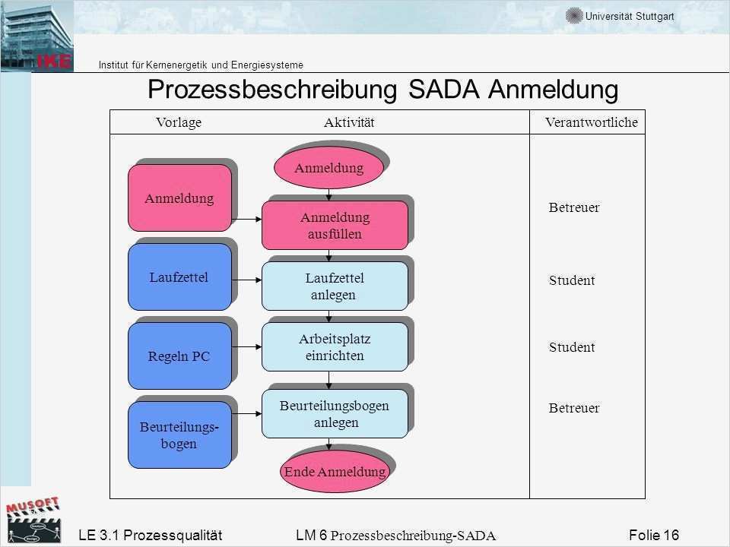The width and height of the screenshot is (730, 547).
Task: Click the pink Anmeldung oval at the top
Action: (x=328, y=168)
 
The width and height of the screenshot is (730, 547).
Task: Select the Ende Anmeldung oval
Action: (x=335, y=472)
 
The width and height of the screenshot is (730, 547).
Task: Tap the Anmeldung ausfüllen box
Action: (x=335, y=226)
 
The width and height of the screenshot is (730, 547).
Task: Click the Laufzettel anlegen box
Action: (x=335, y=286)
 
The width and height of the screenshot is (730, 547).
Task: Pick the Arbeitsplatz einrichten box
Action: (x=335, y=347)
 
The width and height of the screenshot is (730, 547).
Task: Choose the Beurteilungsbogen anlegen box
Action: (x=335, y=414)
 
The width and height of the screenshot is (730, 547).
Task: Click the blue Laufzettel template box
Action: (x=179, y=277)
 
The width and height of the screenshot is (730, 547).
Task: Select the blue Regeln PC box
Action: (x=179, y=356)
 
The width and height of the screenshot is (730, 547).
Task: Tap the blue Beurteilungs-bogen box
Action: (x=179, y=435)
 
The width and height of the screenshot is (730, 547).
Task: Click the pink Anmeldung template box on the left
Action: (x=179, y=198)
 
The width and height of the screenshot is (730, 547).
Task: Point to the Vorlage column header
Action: (x=178, y=123)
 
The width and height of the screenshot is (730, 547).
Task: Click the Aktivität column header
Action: (x=349, y=123)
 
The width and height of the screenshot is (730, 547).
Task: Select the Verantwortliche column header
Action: (x=592, y=123)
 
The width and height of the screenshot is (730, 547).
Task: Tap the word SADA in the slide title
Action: (x=444, y=90)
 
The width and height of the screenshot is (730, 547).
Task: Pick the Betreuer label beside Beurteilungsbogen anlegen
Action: (x=574, y=409)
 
